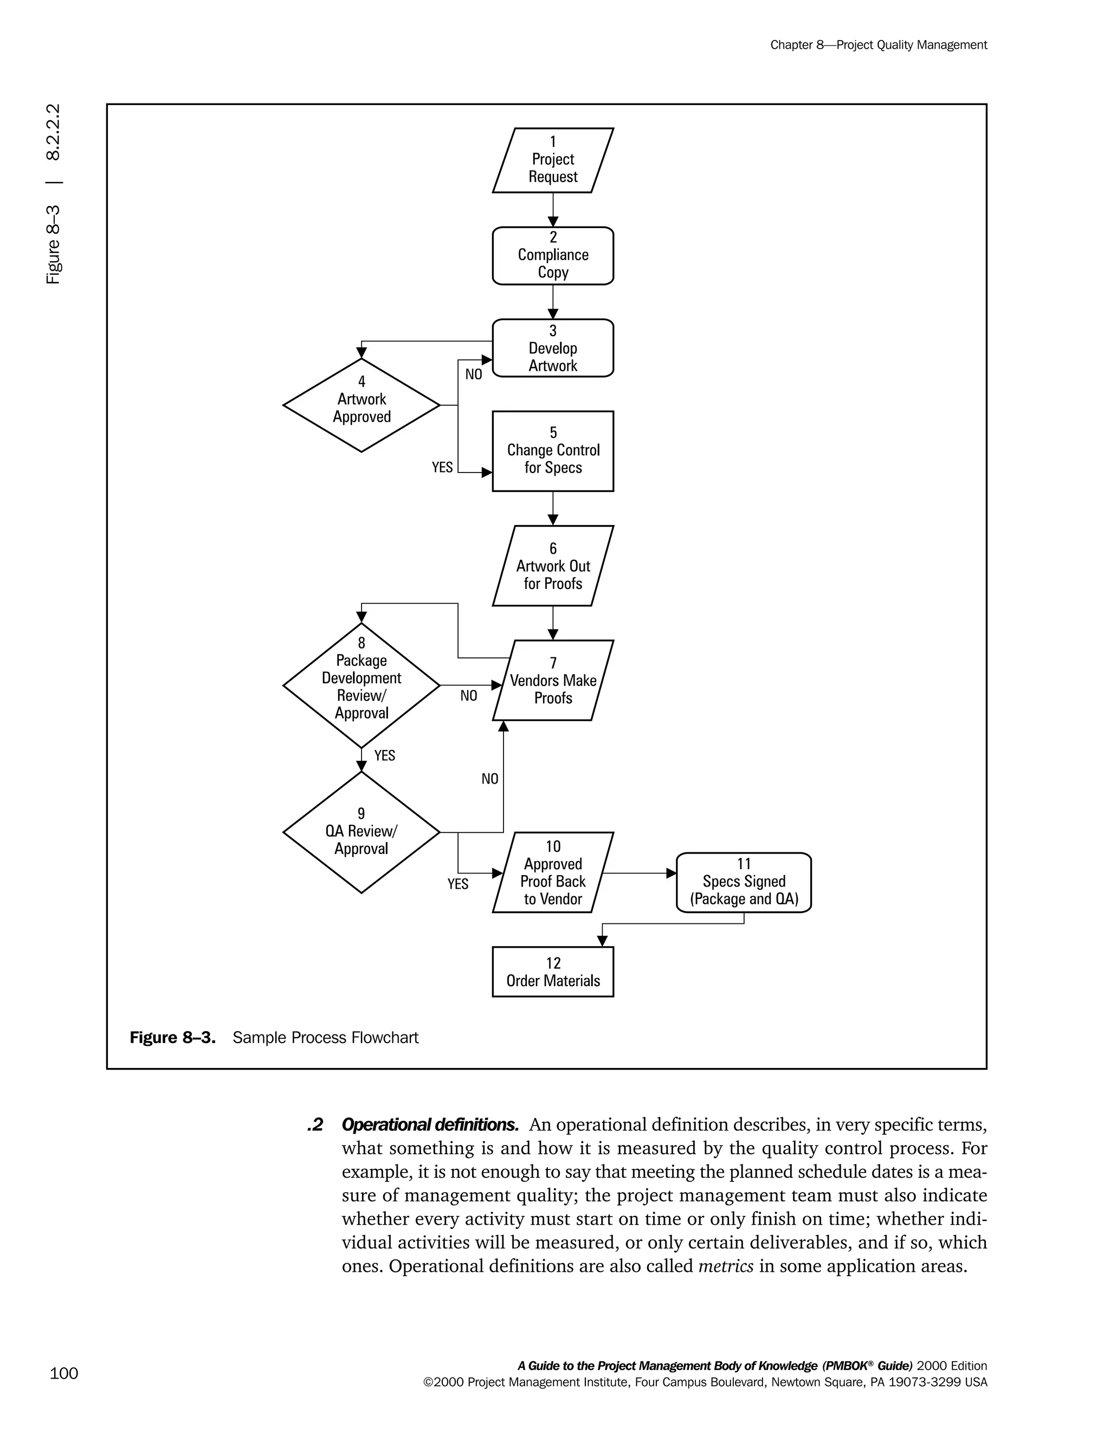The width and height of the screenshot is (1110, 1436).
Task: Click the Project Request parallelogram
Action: [552, 160]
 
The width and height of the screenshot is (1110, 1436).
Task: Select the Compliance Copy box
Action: [552, 256]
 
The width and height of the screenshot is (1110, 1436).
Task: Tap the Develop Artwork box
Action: [552, 348]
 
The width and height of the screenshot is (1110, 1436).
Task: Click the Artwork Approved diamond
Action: [361, 405]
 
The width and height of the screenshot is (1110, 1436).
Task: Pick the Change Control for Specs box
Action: [552, 451]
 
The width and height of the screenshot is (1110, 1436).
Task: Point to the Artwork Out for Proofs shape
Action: [552, 565]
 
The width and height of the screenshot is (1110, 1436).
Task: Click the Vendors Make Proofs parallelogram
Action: [552, 680]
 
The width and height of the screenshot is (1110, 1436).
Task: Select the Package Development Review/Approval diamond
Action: [361, 685]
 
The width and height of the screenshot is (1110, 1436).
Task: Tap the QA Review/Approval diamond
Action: [361, 832]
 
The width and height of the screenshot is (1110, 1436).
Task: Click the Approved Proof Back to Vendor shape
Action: [552, 872]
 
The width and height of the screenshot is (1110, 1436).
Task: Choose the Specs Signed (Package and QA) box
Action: [744, 882]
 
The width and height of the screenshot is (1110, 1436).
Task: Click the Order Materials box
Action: [552, 972]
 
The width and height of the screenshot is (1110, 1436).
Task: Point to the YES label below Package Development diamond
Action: [385, 755]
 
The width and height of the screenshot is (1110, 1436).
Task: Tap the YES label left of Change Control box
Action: [442, 467]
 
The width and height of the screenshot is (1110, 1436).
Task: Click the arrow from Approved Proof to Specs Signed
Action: [638, 873]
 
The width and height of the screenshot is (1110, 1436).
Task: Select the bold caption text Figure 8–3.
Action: [172, 1038]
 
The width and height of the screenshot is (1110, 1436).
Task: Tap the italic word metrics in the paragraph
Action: [725, 1266]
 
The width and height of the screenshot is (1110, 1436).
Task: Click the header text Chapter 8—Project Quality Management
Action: [879, 45]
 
